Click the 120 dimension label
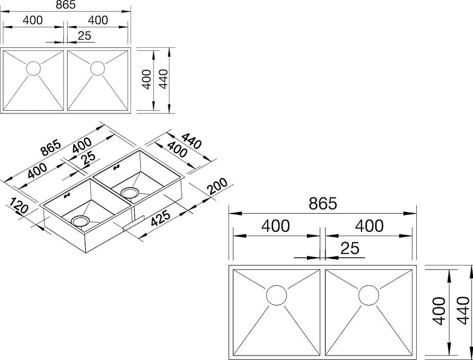pyautogui.click(x=19, y=206)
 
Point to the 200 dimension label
pyautogui.click(x=217, y=187)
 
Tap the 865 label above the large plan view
pyautogui.click(x=323, y=204)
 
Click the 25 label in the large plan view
pyautogui.click(x=350, y=248)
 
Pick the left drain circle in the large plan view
pyautogui.click(x=276, y=295)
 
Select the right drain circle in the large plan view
pyautogui.click(x=368, y=295)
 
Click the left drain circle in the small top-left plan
pyautogui.click(x=34, y=69)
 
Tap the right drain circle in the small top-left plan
pyautogui.click(x=98, y=69)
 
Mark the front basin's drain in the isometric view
pyautogui.click(x=80, y=220)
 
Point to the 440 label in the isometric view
pyautogui.click(x=191, y=141)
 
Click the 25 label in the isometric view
pyautogui.click(x=88, y=158)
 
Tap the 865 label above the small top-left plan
pyautogui.click(x=65, y=5)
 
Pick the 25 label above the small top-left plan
pyautogui.click(x=85, y=35)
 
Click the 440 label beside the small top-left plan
pyautogui.click(x=163, y=79)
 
